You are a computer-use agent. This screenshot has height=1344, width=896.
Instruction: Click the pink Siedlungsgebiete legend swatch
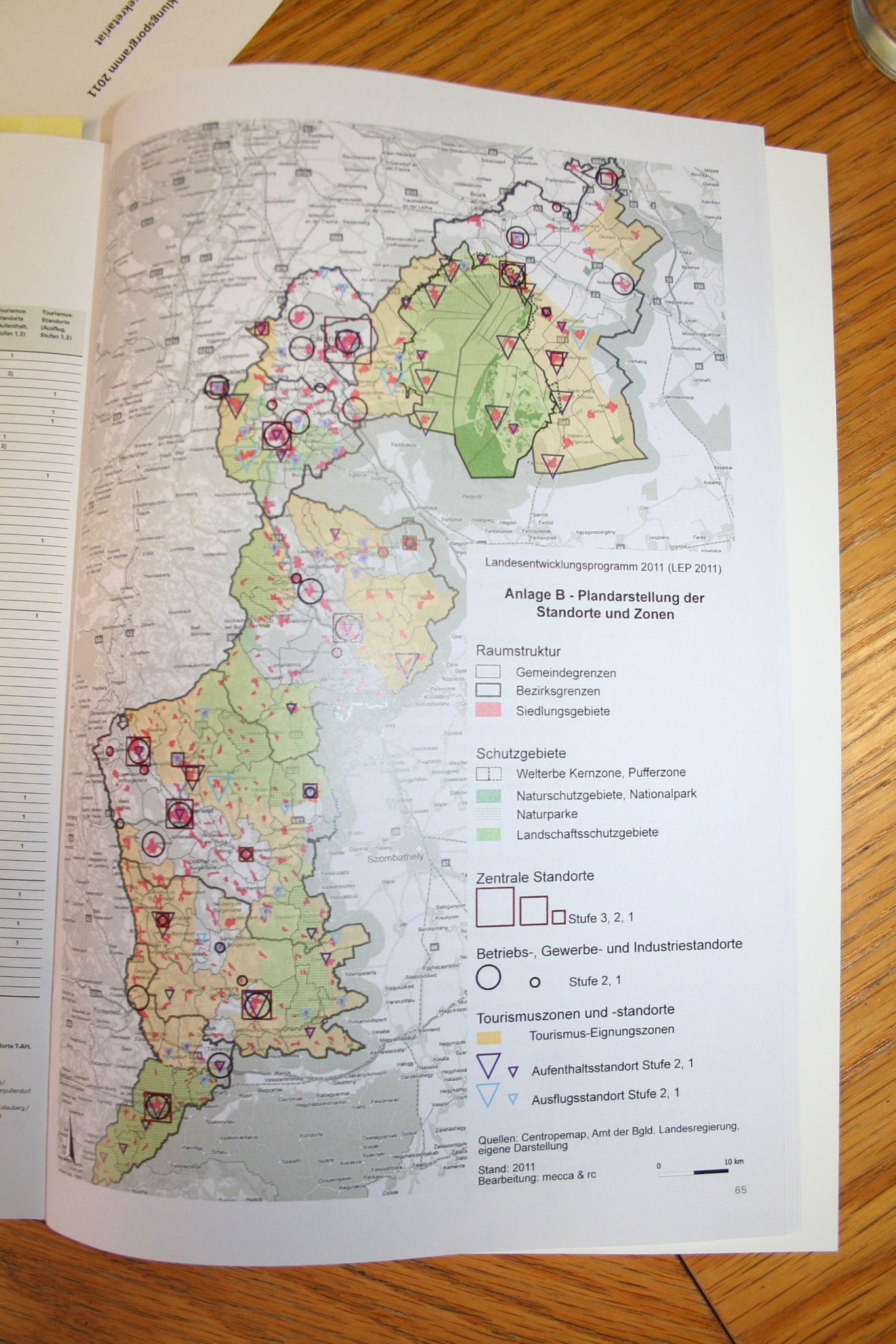488,710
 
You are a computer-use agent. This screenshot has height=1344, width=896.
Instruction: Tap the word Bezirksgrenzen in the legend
557,691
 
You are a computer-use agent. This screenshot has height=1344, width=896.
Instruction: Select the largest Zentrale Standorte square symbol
494,906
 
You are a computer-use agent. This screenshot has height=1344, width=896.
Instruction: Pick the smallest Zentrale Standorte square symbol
559,917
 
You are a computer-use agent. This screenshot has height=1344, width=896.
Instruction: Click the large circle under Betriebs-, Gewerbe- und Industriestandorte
488,977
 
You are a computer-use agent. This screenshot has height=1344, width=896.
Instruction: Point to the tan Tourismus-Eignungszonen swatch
488,1038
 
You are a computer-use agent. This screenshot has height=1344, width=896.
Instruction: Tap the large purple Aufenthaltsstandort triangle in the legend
488,1066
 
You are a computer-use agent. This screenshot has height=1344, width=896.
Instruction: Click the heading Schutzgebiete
521,753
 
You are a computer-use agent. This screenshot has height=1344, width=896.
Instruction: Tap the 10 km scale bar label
734,1162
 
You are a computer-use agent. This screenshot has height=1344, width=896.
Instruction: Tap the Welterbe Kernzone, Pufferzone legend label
601,773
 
